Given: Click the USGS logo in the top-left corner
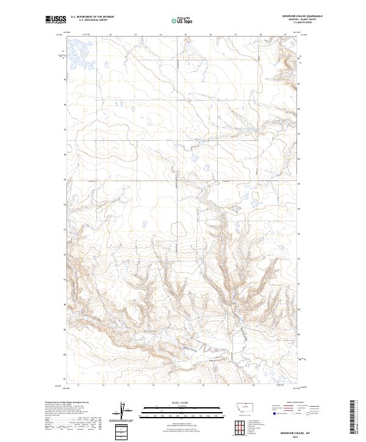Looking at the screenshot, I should click(56, 20).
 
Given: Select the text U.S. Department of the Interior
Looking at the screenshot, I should click(92, 17).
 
